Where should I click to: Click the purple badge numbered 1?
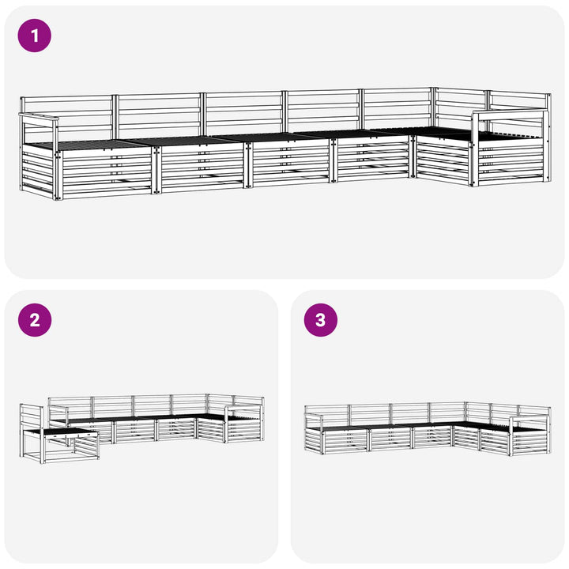[x=35, y=36]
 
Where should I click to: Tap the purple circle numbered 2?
[x=35, y=320]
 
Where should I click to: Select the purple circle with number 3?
[x=320, y=320]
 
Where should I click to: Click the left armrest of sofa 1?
[x=40, y=117]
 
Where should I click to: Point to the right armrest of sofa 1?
[x=510, y=114]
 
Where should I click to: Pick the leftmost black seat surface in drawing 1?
[x=87, y=145]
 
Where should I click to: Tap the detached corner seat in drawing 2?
[x=58, y=434]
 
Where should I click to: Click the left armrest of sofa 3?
[x=315, y=416]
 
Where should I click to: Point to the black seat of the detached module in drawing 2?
[x=61, y=431]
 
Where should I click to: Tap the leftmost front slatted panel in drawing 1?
[x=106, y=173]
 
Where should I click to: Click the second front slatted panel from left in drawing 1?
[x=202, y=167]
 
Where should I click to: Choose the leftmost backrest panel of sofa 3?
[x=327, y=414]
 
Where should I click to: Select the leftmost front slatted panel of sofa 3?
[x=345, y=439]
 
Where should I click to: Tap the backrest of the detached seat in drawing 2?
[x=32, y=416]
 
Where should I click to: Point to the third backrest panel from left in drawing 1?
[x=243, y=112]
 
